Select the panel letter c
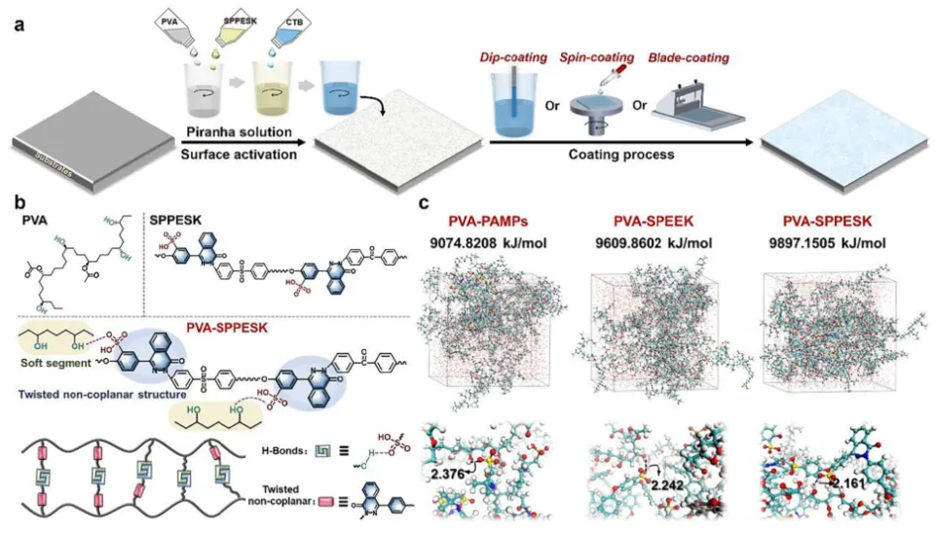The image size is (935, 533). click(425, 204)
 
